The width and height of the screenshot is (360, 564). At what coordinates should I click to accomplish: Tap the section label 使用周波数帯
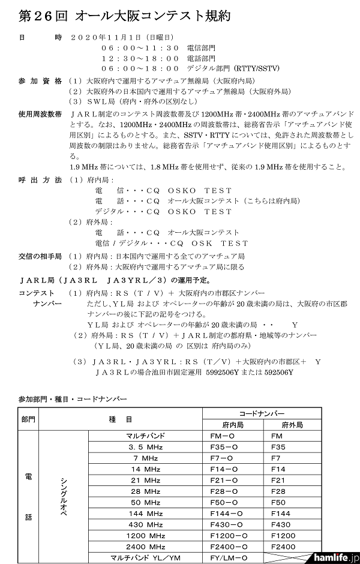click(40, 113)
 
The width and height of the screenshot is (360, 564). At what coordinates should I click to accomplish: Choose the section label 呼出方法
click(40, 180)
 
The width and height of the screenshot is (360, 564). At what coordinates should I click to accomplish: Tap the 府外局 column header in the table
click(292, 424)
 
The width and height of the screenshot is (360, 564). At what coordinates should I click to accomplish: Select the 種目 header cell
click(121, 419)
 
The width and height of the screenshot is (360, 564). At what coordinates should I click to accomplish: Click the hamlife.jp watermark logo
click(337, 557)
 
